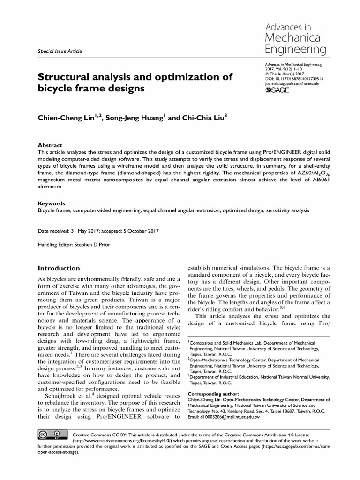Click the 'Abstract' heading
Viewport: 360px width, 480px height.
point(50,146)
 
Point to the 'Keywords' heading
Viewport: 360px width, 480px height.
point(51,204)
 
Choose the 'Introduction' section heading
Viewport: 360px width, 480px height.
point(59,268)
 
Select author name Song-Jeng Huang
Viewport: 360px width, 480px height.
point(132,119)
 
